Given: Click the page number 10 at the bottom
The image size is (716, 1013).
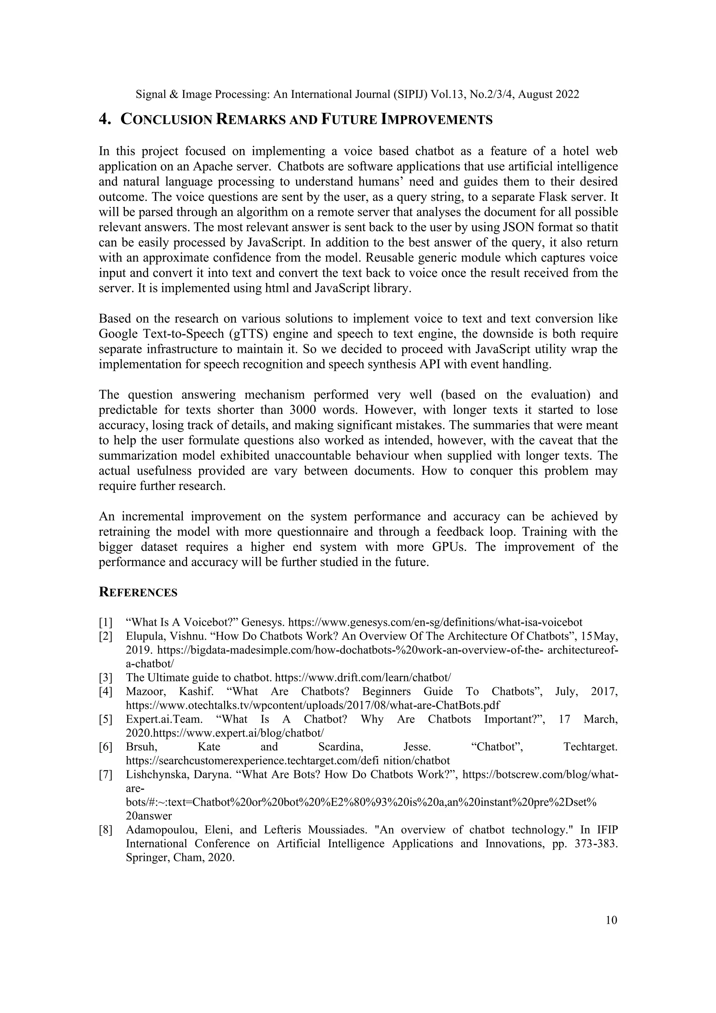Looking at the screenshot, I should (611, 920).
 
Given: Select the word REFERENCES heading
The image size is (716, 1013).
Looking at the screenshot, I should (138, 592).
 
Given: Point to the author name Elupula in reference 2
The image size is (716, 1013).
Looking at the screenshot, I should (143, 636).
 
